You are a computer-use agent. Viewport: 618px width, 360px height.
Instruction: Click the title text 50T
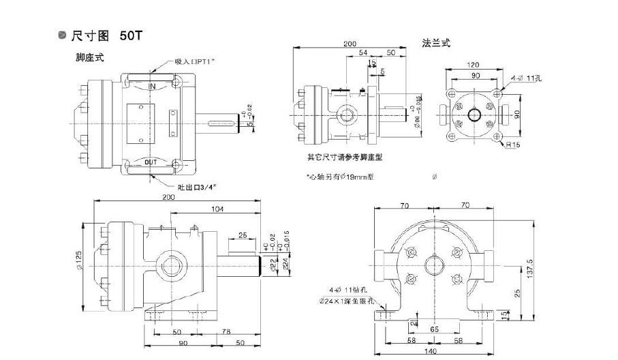click(x=130, y=35)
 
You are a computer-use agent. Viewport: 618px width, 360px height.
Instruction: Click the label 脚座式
click(x=90, y=59)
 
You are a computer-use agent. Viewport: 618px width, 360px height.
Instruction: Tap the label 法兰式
click(x=436, y=44)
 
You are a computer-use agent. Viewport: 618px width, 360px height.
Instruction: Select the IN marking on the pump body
click(x=152, y=86)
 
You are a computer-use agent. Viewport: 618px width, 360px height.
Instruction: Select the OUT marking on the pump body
click(x=151, y=162)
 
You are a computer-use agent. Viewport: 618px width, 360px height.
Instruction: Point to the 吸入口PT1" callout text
click(x=196, y=62)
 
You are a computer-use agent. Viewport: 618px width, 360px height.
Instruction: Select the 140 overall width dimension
click(x=430, y=351)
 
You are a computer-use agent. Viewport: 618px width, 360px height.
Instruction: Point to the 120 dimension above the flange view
click(x=472, y=65)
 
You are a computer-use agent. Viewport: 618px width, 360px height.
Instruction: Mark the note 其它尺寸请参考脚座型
click(x=345, y=157)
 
